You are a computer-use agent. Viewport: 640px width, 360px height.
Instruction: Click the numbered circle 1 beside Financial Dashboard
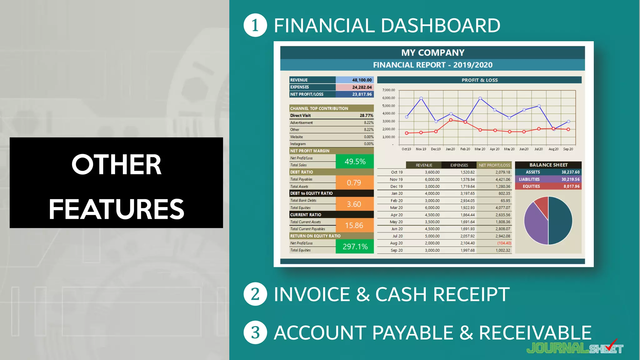pyautogui.click(x=255, y=25)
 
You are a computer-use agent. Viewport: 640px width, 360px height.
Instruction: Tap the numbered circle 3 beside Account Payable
pyautogui.click(x=255, y=332)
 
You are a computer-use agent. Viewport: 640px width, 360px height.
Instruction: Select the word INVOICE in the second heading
pyautogui.click(x=312, y=294)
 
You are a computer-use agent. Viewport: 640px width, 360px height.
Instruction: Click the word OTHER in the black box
pyautogui.click(x=116, y=164)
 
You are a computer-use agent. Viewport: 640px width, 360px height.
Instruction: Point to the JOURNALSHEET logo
pyautogui.click(x=575, y=348)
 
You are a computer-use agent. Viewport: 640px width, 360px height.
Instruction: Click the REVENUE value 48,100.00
pyautogui.click(x=362, y=80)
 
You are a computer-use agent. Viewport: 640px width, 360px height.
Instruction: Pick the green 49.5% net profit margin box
pyautogui.click(x=355, y=162)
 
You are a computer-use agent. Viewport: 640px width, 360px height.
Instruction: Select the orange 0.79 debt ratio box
pyautogui.click(x=354, y=183)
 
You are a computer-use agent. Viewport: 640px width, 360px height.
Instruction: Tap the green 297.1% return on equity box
pyautogui.click(x=355, y=247)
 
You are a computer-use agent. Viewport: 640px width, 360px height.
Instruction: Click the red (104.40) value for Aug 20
pyautogui.click(x=504, y=243)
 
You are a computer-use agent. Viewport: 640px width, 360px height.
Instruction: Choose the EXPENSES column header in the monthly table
pyautogui.click(x=459, y=165)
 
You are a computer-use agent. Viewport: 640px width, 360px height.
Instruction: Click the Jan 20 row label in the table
pyautogui.click(x=397, y=193)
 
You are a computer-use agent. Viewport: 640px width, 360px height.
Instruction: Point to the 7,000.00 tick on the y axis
pyautogui.click(x=388, y=90)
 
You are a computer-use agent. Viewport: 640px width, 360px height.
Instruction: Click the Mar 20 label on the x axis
pyautogui.click(x=480, y=149)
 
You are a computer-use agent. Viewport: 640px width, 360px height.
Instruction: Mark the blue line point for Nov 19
pyautogui.click(x=421, y=98)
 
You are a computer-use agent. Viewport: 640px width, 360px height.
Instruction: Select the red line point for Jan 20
pyautogui.click(x=451, y=120)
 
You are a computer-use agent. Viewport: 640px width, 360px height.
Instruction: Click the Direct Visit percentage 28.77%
pyautogui.click(x=366, y=116)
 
